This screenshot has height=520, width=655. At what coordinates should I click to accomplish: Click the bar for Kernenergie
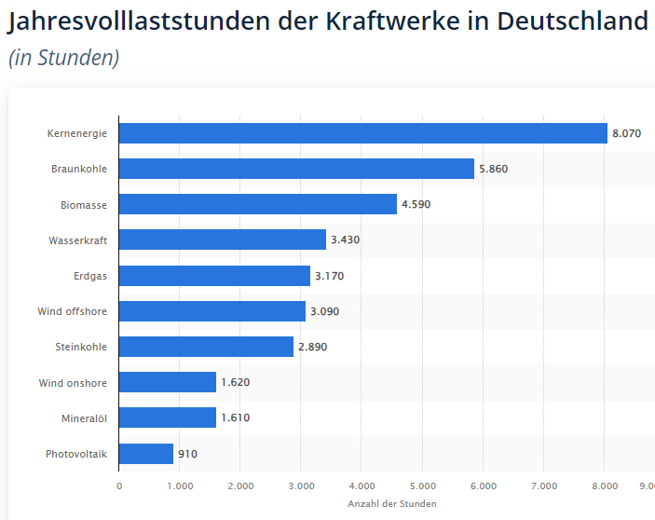(x=363, y=133)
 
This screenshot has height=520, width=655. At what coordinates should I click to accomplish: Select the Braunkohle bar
(x=296, y=169)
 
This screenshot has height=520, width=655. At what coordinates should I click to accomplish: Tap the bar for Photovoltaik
(x=146, y=454)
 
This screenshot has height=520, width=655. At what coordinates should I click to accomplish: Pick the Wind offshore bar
(x=212, y=311)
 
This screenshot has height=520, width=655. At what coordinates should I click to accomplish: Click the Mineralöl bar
(x=168, y=417)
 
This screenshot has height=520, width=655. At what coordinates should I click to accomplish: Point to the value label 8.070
(x=626, y=134)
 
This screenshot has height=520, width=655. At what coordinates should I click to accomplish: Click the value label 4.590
(x=416, y=205)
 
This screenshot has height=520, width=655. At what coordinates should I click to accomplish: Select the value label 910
(x=187, y=455)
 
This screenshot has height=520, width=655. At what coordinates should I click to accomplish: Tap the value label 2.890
(x=312, y=347)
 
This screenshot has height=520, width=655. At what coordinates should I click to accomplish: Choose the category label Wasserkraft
(x=78, y=240)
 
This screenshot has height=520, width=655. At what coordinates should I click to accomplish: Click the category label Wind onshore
(x=73, y=383)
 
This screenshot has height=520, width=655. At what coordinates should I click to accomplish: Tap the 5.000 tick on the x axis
(x=422, y=486)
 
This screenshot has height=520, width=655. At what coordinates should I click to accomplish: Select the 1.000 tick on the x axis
(x=180, y=486)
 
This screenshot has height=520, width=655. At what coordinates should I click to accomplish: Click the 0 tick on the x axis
(x=119, y=486)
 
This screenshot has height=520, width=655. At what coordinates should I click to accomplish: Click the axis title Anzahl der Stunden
(x=391, y=503)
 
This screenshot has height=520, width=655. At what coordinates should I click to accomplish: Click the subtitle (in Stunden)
(x=63, y=58)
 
